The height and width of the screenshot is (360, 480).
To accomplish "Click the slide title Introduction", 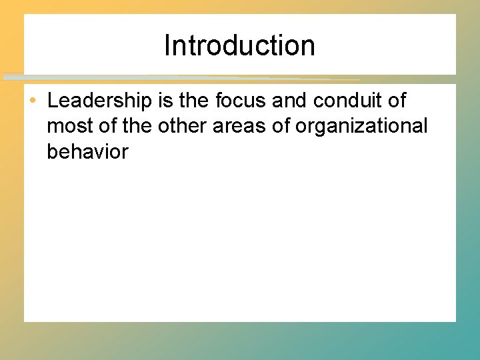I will (239, 46).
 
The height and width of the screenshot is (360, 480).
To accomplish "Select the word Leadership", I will (100, 101).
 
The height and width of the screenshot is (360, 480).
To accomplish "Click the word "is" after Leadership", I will (165, 101).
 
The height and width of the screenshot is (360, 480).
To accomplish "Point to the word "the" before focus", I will (193, 101).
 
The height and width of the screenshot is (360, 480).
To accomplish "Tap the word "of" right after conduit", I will (397, 101).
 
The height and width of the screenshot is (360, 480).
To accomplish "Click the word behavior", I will (87, 151).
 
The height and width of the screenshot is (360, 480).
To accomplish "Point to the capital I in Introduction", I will (167, 46).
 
